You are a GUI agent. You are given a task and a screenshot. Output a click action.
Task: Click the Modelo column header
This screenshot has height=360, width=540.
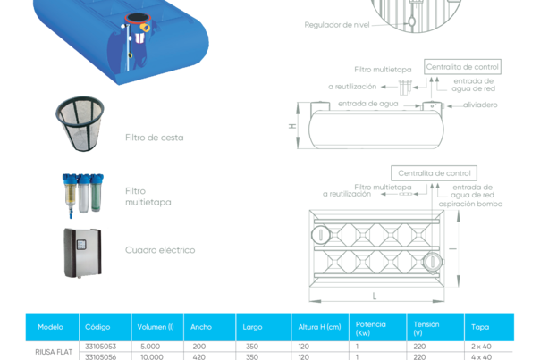pos(38,327)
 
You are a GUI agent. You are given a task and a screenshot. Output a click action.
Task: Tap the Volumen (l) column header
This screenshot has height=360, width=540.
pos(156,327)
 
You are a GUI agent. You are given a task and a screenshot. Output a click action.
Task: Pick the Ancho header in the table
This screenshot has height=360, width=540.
pos(201,327)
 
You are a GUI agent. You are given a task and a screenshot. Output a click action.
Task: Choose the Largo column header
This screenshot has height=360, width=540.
pos(253,327)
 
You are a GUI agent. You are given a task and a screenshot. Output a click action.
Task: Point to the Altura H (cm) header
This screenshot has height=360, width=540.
pos(319,327)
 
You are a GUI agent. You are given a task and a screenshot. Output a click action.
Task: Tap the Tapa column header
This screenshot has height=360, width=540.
pos(480,327)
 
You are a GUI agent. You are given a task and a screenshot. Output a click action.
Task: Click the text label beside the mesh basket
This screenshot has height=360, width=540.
pos(154,137)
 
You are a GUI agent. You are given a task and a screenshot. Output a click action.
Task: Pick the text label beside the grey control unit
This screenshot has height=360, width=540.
pos(159,250)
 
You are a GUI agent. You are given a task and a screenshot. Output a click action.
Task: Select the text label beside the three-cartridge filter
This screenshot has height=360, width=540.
pos(148,196)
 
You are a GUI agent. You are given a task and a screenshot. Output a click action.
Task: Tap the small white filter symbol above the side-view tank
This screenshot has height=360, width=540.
pos(406,88)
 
